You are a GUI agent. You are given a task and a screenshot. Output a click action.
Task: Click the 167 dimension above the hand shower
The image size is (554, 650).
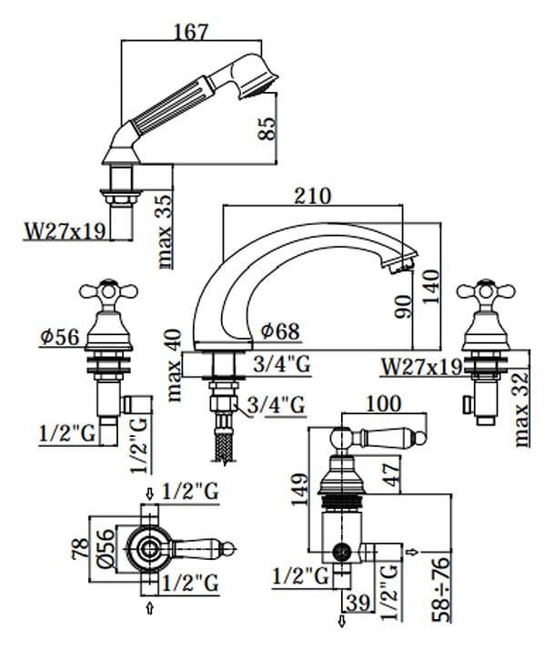[x=191, y=32]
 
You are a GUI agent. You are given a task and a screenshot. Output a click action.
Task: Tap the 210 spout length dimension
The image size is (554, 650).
[x=313, y=196]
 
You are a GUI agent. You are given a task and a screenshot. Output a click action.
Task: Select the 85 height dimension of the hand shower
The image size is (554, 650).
[x=267, y=128]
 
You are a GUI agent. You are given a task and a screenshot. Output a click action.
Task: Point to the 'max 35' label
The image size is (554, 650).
[x=165, y=231]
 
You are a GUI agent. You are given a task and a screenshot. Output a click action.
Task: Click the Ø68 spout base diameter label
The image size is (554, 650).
[x=280, y=331]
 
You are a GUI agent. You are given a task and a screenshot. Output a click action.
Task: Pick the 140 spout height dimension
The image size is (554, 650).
[x=430, y=287]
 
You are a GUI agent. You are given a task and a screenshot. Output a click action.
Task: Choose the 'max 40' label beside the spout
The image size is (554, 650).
[x=175, y=365]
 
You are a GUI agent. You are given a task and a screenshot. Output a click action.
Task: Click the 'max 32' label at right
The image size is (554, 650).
[x=521, y=410]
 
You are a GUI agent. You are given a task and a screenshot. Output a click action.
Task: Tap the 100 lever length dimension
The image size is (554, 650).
[x=384, y=403]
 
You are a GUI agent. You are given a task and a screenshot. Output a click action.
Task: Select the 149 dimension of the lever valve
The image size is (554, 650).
[x=299, y=489]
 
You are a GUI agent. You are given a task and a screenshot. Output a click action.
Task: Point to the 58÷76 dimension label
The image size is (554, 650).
[x=441, y=590]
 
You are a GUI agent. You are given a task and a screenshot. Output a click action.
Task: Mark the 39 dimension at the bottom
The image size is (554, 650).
[x=358, y=603]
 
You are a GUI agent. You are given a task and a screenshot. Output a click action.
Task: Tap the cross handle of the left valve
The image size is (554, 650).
[x=108, y=291]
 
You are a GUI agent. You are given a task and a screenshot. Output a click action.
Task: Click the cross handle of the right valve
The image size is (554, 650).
[x=486, y=291]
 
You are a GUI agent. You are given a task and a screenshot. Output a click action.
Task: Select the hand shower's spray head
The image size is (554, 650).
[x=253, y=76]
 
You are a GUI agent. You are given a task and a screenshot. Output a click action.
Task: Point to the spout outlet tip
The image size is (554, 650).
[x=402, y=264]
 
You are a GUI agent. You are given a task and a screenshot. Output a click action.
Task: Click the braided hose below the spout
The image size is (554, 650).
[x=224, y=447]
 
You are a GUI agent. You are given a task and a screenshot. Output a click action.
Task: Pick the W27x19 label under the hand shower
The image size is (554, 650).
[x=65, y=231]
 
